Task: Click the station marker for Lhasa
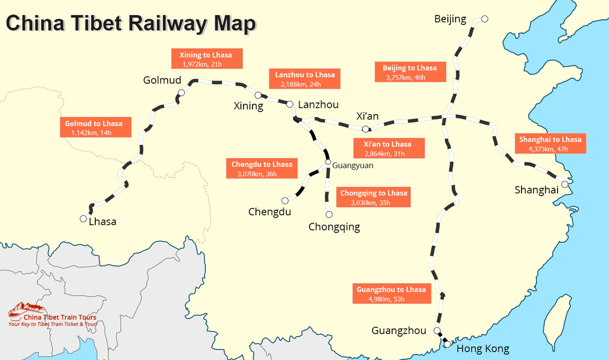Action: [x=83, y=219]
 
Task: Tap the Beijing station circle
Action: [x=484, y=19]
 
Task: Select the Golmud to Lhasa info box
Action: [x=96, y=127]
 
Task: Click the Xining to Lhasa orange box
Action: [x=207, y=59]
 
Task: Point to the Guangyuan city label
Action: [x=353, y=166]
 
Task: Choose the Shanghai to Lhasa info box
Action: [x=550, y=143]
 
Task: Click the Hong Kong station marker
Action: [x=447, y=344]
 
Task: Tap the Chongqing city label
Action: [x=334, y=227]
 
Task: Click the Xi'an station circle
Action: [x=365, y=129]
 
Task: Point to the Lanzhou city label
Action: [x=318, y=105]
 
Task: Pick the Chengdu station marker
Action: [x=285, y=200]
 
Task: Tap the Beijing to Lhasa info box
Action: [x=410, y=72]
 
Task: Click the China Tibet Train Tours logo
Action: [x=53, y=315]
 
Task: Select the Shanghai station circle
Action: [x=565, y=184]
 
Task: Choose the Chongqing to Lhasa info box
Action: [x=373, y=197]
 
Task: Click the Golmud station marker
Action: [x=182, y=92]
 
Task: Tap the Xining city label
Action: [x=248, y=106]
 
